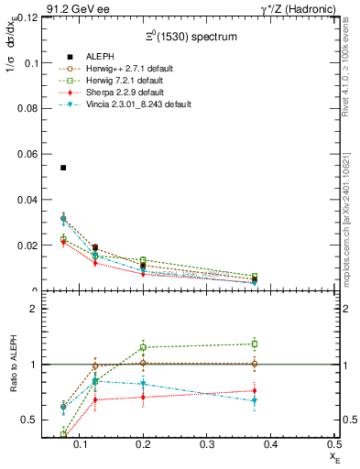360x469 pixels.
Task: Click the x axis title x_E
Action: tap(334, 455)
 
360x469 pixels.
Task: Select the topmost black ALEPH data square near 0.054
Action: tap(63, 168)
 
